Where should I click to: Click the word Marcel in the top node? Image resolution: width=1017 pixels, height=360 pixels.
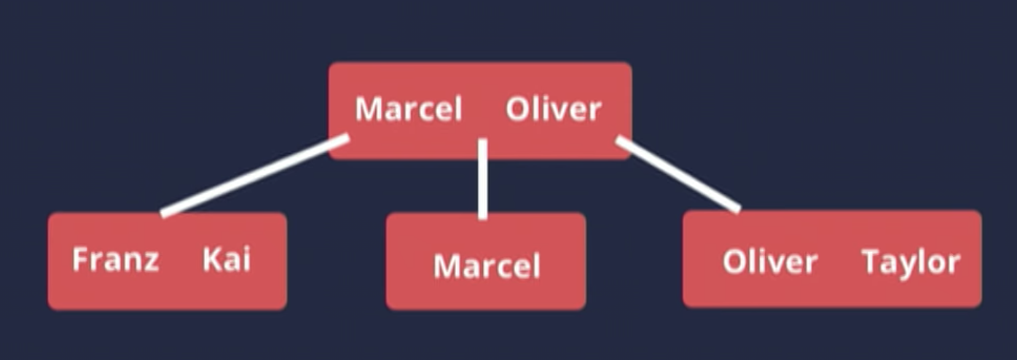pyautogui.click(x=408, y=110)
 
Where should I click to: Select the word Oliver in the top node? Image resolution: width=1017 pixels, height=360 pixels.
pyautogui.click(x=554, y=110)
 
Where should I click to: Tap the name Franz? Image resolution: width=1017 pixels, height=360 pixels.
pyautogui.click(x=115, y=259)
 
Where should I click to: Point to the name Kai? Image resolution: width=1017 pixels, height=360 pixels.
pyautogui.click(x=227, y=259)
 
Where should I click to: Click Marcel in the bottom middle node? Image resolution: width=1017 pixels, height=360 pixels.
pyautogui.click(x=487, y=266)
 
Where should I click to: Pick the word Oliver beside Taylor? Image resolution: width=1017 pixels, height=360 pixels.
pyautogui.click(x=769, y=262)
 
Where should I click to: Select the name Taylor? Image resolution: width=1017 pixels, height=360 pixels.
pyautogui.click(x=911, y=262)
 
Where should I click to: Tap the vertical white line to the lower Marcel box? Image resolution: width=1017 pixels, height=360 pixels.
pyautogui.click(x=482, y=179)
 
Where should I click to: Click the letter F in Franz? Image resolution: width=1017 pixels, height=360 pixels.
pyautogui.click(x=79, y=259)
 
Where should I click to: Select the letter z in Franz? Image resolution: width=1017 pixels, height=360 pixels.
pyautogui.click(x=152, y=261)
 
